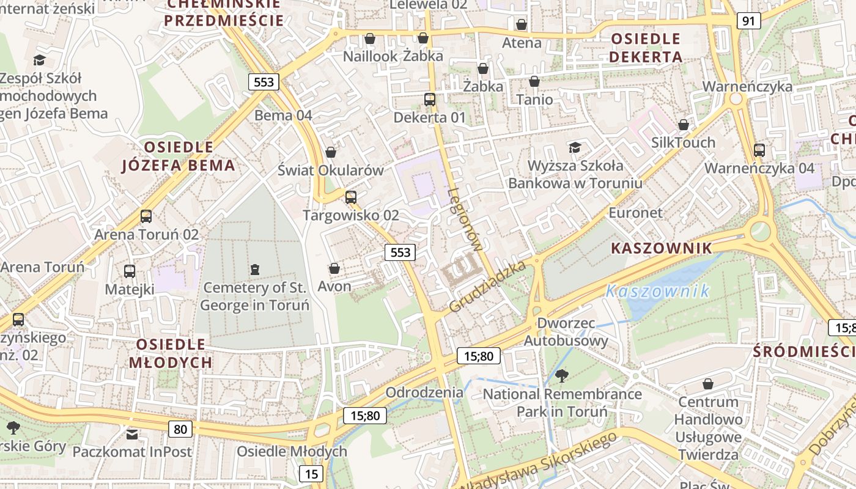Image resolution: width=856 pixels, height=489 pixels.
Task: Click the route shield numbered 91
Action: point(748,21)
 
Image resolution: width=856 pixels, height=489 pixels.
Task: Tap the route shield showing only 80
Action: point(180,429)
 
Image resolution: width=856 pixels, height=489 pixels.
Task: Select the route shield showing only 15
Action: point(311,474)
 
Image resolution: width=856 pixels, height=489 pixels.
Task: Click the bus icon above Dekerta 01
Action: point(430,99)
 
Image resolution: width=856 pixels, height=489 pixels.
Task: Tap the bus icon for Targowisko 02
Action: point(350,197)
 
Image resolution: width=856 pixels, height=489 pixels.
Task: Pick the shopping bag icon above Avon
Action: point(334,268)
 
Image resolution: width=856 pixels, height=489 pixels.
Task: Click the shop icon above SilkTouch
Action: point(684,125)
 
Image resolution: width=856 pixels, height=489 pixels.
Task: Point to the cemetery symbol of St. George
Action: point(254,269)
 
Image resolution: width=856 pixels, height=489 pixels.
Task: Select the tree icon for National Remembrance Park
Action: point(561,376)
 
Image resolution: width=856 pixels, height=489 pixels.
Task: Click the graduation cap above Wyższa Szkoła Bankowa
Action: point(575,147)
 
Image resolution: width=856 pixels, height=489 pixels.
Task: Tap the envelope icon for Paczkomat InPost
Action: point(132,435)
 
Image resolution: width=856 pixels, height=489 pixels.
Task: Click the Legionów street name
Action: point(465,220)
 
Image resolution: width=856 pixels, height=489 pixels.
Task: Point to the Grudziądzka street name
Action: point(488,287)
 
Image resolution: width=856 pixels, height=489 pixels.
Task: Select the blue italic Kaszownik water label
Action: point(658,291)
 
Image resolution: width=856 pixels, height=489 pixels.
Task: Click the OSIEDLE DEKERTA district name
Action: point(646,48)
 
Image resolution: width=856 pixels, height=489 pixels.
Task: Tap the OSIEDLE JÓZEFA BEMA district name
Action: point(178,156)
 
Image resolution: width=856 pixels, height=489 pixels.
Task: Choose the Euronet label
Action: point(635,213)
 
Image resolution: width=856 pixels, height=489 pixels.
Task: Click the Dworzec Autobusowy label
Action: point(566,331)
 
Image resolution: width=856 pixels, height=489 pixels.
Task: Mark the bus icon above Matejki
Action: point(130,271)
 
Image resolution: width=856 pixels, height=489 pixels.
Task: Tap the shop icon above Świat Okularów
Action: point(331,152)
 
